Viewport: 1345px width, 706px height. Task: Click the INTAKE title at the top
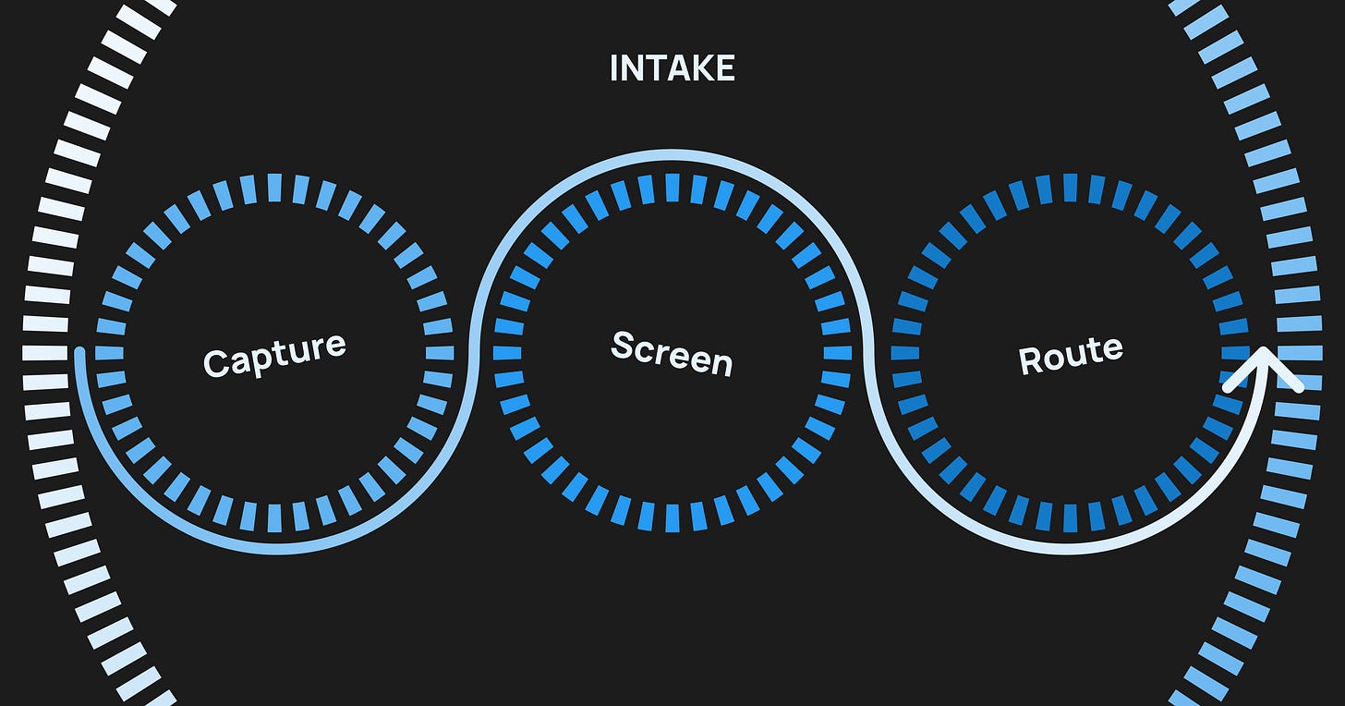coord(672,69)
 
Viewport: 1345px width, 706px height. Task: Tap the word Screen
coord(672,352)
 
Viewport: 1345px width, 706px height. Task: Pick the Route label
coord(1071,353)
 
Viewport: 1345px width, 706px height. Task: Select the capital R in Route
coord(1029,360)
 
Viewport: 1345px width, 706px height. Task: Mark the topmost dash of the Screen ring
coord(672,188)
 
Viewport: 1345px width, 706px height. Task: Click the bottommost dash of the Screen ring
coord(672,517)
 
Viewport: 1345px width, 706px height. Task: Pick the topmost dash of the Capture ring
coord(274,188)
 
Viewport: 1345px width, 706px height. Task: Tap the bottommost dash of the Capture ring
coord(274,517)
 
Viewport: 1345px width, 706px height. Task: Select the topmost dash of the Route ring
coord(1070,188)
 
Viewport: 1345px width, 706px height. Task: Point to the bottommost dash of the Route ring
coord(1070,517)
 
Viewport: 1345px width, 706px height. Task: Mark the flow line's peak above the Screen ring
coord(672,155)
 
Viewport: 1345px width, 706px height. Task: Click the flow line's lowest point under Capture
coord(274,551)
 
